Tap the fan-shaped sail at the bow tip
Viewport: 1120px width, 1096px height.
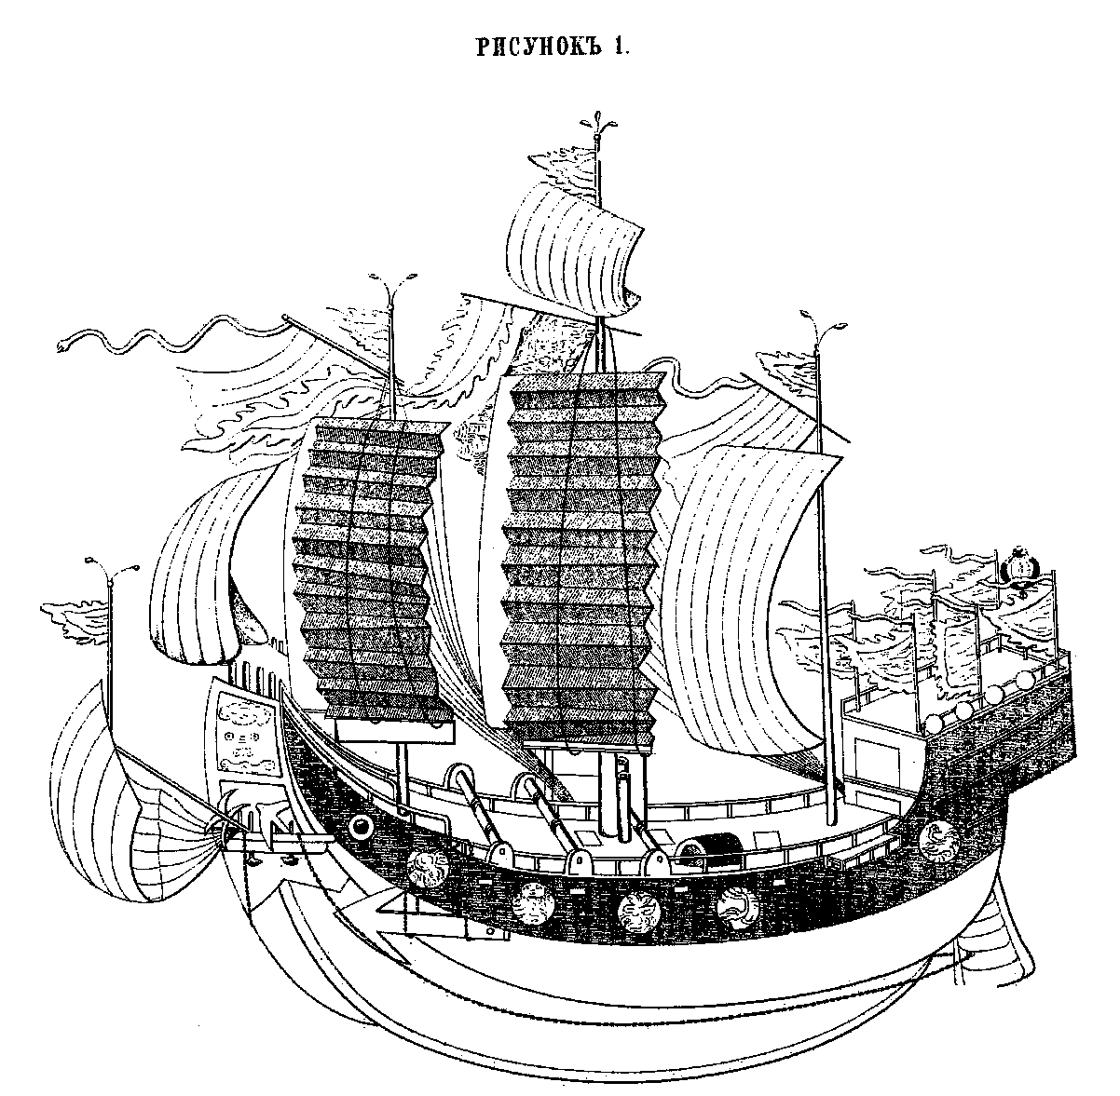[154, 819]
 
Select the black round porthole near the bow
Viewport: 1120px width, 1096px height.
[359, 827]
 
